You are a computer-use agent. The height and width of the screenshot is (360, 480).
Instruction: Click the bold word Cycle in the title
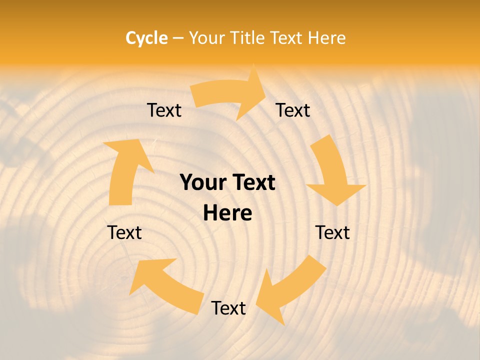(x=146, y=38)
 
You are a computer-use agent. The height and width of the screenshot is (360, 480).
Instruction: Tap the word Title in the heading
(x=248, y=38)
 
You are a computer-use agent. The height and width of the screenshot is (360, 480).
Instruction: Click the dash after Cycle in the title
(x=178, y=38)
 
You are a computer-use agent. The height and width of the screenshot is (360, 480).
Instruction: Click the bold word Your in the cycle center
(x=202, y=183)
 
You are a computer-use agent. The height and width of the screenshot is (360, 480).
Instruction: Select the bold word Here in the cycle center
(x=227, y=213)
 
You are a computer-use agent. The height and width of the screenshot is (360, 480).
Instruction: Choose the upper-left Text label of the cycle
(x=164, y=110)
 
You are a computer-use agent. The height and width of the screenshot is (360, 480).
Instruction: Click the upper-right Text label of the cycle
(x=293, y=110)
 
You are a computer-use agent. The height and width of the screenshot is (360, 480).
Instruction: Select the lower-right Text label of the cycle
(x=332, y=232)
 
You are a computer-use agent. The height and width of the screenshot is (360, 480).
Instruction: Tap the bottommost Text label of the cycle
(x=228, y=308)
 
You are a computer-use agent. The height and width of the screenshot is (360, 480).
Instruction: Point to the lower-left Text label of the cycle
(x=124, y=232)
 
